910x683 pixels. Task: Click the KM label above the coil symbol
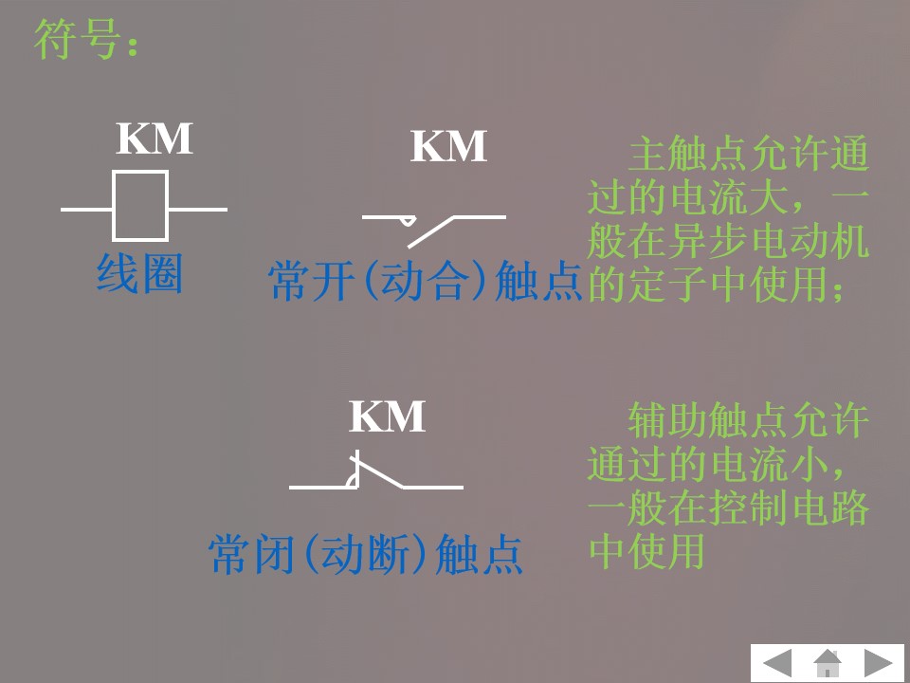point(155,139)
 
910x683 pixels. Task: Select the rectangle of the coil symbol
point(140,206)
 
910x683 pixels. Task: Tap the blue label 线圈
point(139,274)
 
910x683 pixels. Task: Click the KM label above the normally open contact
point(448,147)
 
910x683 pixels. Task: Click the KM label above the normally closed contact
point(387,417)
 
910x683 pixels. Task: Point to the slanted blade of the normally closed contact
point(379,473)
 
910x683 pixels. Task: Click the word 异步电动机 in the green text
point(768,242)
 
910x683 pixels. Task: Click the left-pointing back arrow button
point(778,662)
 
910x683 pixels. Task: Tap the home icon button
point(828,662)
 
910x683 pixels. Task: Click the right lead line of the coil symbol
point(197,209)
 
